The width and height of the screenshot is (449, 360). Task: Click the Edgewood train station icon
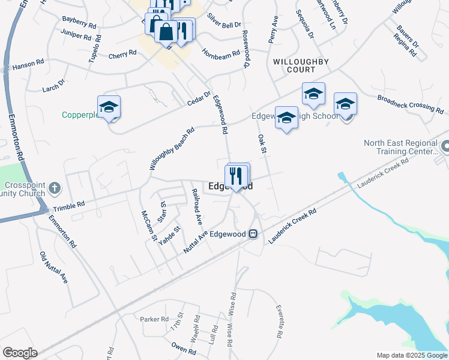[253, 234]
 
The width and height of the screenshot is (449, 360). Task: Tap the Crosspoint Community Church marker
[55, 188]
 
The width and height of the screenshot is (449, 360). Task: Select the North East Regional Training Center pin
[445, 146]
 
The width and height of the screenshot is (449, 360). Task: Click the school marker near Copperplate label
[109, 107]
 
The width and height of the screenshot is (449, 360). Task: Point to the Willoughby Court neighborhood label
[293, 65]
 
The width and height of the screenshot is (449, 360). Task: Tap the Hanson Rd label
[28, 62]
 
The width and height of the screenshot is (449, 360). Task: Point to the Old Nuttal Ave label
[53, 268]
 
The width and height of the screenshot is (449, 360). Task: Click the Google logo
[20, 353]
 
